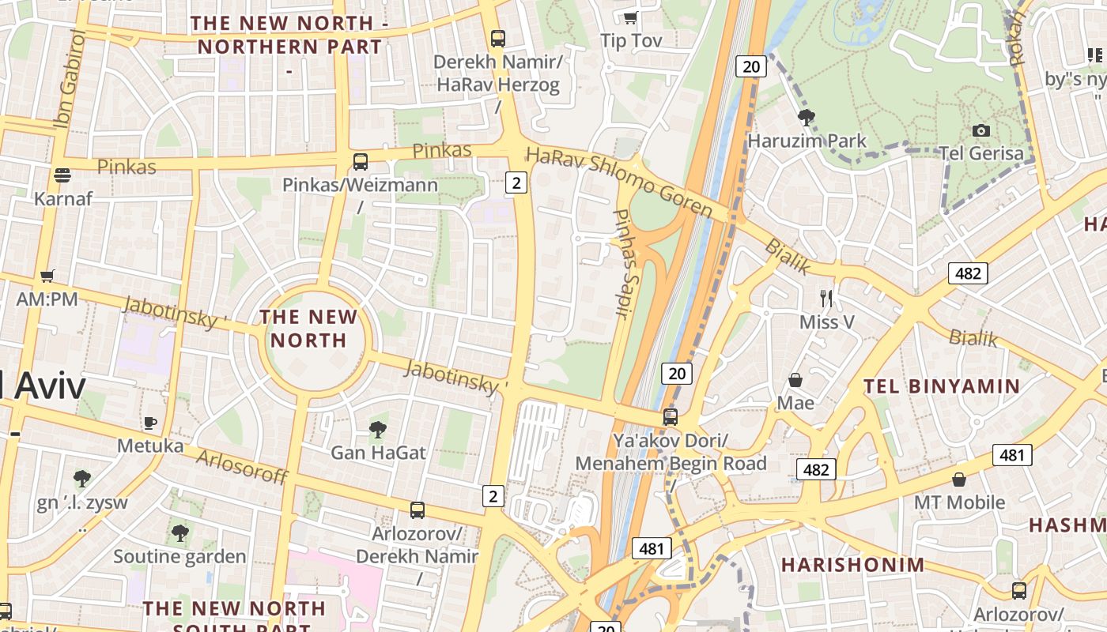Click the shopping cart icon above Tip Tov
click(630, 17)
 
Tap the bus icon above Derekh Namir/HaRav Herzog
click(497, 38)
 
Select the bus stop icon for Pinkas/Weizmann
click(361, 162)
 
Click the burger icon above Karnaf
click(62, 175)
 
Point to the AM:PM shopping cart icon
click(47, 276)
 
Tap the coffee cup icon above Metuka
click(150, 423)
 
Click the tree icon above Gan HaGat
click(378, 430)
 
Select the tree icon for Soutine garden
click(180, 533)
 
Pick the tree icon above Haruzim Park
click(807, 118)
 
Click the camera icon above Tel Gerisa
click(980, 130)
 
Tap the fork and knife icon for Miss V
click(827, 298)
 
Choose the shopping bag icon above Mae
click(795, 380)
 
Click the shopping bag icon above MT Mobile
click(959, 480)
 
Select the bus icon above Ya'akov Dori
click(671, 416)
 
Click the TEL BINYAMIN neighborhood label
click(942, 386)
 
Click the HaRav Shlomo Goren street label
click(620, 181)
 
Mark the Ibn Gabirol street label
click(70, 79)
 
